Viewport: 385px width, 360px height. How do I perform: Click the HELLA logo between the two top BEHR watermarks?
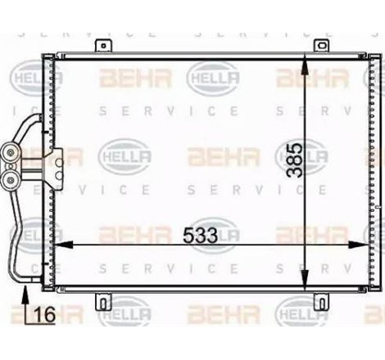pos(212,79)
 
